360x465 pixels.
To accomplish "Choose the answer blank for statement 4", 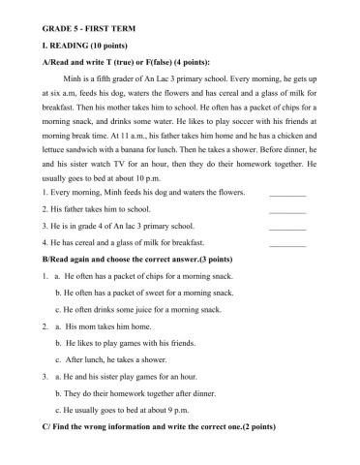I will point(287,244).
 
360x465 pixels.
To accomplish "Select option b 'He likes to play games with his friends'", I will point(135,343).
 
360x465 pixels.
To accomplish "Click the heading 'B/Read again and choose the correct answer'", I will point(140,261).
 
